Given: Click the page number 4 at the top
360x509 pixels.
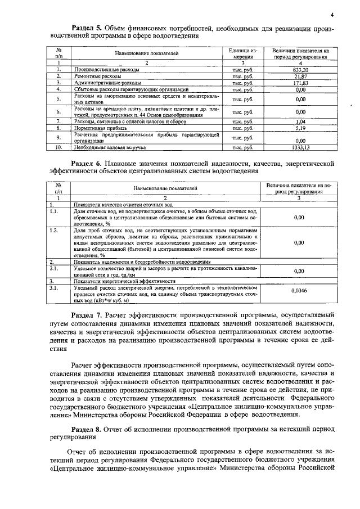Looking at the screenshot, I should point(332,15).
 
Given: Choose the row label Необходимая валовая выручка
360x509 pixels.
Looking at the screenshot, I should point(109,147).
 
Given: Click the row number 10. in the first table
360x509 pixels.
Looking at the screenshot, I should point(58,147).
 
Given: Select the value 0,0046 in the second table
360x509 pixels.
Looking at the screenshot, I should point(299,291).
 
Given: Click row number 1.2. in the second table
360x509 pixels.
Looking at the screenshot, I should point(55,231).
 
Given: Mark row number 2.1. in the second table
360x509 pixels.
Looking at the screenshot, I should point(55,268).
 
